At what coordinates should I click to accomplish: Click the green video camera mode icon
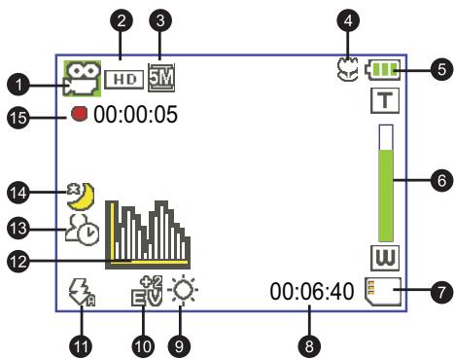82,79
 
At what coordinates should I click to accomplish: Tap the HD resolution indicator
124,79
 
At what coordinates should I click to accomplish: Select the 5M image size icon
161,78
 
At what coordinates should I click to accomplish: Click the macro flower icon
347,69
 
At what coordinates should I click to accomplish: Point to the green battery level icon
383,70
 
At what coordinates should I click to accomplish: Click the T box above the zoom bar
385,101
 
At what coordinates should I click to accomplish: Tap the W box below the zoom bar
385,258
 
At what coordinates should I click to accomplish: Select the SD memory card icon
383,291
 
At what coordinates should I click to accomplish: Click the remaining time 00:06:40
312,291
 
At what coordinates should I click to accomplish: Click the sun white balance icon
183,290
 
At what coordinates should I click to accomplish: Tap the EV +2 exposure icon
148,291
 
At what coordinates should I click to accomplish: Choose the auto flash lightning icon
83,293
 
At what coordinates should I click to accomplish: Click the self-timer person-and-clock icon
83,230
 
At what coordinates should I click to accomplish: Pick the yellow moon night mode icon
81,196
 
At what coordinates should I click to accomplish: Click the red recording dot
80,114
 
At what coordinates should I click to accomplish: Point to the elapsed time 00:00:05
135,114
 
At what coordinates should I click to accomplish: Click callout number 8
309,345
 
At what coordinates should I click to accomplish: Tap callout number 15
18,117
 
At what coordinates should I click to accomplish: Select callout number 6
441,180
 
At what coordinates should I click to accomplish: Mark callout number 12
18,261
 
